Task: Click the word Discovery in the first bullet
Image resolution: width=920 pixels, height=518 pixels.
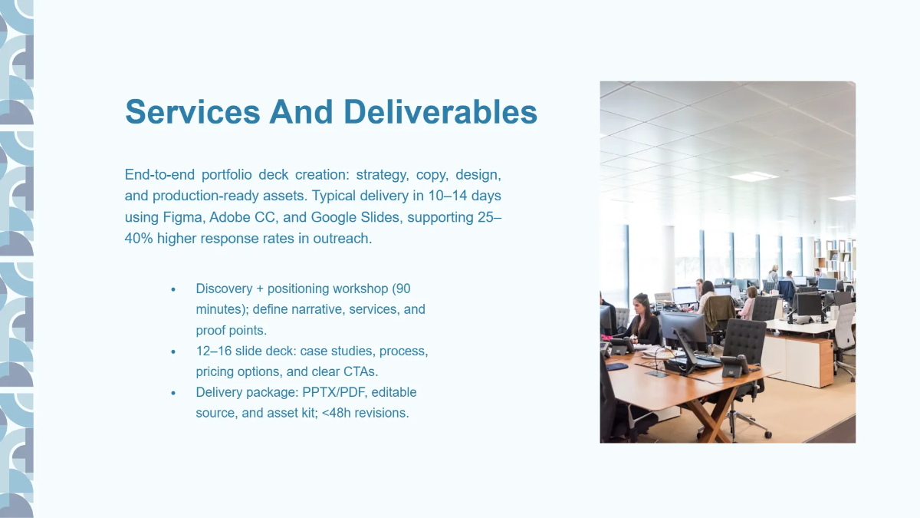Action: point(224,289)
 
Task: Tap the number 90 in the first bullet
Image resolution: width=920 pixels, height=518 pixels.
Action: point(402,289)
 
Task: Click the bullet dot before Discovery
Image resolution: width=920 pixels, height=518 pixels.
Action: point(173,289)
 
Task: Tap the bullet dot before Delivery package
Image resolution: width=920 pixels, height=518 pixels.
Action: point(173,393)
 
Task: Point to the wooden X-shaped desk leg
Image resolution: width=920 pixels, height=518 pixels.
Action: point(712,415)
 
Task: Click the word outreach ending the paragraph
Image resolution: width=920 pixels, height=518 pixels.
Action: point(341,239)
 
